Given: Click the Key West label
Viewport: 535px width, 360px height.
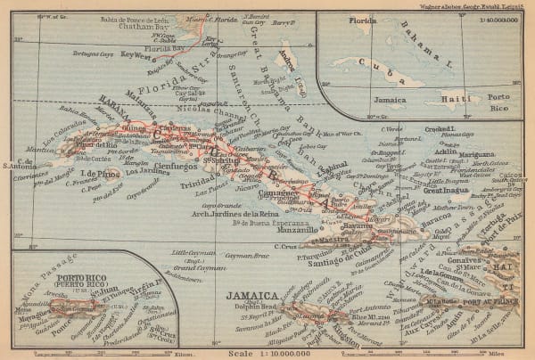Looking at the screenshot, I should click(x=136, y=54).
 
